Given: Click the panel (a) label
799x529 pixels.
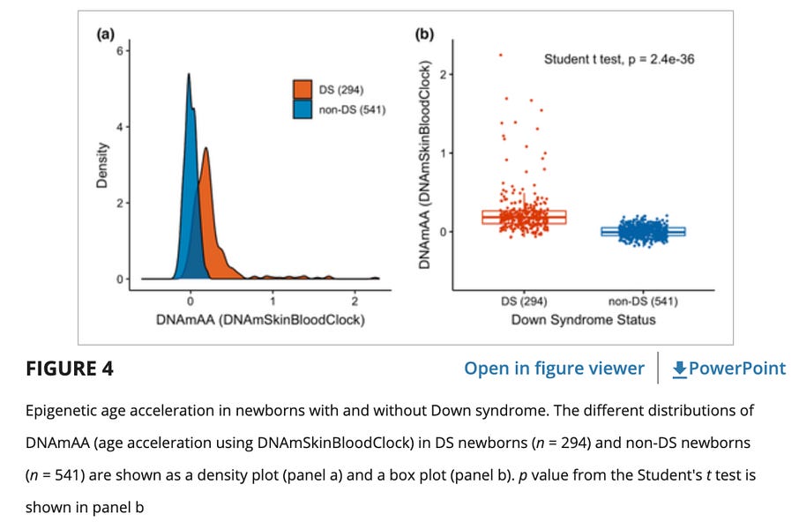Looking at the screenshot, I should point(105,34).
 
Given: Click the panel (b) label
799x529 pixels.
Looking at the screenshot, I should point(425,34).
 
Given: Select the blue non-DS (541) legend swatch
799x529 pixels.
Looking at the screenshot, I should point(303,109).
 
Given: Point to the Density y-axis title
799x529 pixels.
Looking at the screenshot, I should point(102,165).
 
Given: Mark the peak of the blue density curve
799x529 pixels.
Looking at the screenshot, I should point(189,75).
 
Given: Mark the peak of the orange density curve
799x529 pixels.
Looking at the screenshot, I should point(205,149).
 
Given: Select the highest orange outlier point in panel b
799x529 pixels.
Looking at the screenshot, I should point(501,55).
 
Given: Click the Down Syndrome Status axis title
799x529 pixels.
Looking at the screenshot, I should point(583,319).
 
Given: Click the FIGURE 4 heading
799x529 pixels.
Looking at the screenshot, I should point(70,369).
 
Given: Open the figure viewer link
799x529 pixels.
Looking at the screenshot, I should point(554,369).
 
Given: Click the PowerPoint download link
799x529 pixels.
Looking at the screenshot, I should point(728,369).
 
